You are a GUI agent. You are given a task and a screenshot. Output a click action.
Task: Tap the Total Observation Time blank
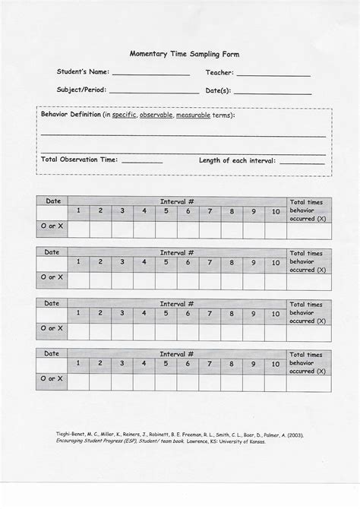(142, 163)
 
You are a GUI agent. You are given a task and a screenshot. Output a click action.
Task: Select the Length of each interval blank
(302, 163)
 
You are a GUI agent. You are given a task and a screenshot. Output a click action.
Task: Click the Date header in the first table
(52, 201)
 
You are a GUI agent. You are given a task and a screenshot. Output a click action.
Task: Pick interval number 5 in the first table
(166, 211)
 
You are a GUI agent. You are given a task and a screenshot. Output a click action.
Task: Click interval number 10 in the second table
(276, 262)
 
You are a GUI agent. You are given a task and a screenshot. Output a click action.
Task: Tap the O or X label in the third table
(52, 329)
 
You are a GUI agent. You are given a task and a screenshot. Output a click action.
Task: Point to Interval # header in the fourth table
(177, 354)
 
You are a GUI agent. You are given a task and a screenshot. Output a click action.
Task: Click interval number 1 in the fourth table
(77, 364)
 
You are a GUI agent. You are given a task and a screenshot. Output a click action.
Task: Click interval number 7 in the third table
(210, 313)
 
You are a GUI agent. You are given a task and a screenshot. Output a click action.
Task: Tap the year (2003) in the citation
(294, 435)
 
